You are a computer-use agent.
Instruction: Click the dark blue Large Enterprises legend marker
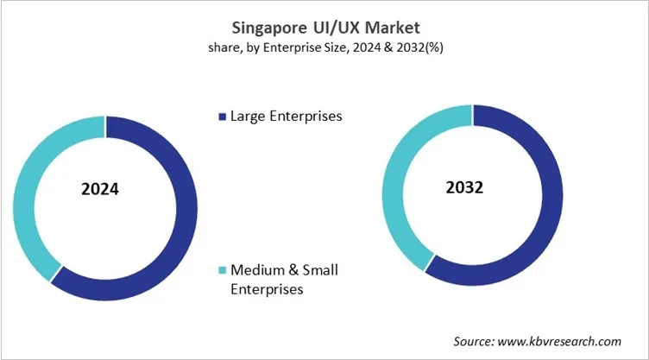(222, 117)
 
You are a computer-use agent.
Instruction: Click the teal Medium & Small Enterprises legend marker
(222, 271)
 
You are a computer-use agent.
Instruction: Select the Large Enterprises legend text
(285, 117)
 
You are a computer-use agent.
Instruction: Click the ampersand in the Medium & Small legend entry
(293, 271)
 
